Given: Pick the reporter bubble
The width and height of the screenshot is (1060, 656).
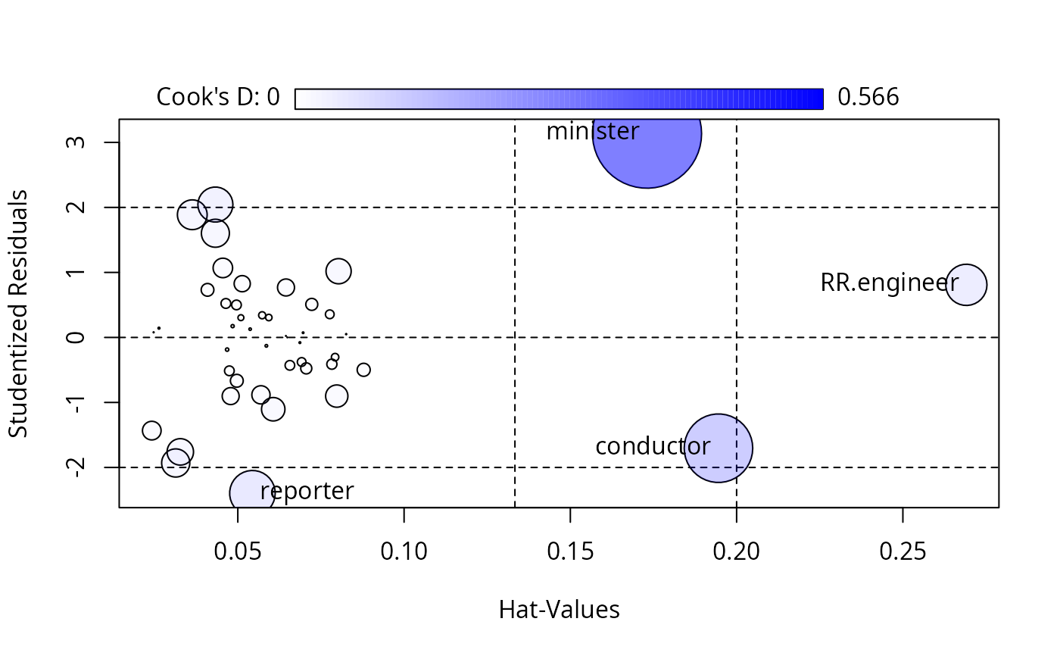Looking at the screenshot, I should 251,492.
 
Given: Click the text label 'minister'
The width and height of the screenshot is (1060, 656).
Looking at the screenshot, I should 592,132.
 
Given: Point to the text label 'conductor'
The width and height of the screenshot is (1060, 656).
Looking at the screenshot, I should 652,446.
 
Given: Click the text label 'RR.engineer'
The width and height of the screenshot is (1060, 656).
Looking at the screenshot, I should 889,283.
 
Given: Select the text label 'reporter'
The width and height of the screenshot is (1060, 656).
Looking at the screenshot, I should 307,492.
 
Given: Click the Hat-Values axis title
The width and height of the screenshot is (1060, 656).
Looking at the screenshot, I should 559,610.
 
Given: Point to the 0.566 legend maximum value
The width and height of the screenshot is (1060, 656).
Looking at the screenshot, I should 868,98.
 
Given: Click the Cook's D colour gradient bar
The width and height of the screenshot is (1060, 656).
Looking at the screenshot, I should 559,98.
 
